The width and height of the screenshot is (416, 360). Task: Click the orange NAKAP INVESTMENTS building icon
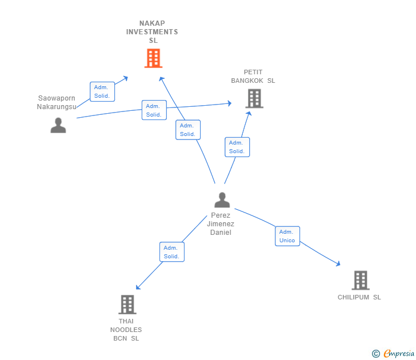point(153,58)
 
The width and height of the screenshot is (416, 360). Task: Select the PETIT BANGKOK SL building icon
point(254,98)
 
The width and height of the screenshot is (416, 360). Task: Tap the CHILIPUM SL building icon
point(360,280)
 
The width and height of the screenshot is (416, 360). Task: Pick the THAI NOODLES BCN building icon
point(127,304)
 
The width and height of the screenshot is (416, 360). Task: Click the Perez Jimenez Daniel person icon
point(222,200)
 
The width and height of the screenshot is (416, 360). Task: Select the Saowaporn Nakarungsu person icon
point(58,125)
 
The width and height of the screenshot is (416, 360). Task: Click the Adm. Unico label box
point(287,236)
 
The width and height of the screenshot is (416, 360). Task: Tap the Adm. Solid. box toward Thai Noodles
point(171,252)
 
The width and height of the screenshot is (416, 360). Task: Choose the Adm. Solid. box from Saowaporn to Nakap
point(102,91)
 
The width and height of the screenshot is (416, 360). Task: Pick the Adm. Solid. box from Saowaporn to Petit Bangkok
point(154,110)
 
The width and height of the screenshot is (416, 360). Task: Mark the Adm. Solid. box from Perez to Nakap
point(188,130)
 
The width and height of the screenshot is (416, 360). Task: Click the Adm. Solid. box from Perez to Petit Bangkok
point(237,147)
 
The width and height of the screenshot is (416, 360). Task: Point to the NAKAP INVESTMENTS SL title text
point(153,32)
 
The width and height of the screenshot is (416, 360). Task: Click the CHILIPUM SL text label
point(359,297)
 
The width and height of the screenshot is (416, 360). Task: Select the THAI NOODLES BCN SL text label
point(126,330)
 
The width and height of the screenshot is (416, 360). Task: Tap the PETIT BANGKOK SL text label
point(253,77)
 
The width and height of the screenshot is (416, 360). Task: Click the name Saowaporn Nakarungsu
point(57,102)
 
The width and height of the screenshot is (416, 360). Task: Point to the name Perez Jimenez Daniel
point(221,224)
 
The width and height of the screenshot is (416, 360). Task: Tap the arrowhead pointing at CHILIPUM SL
point(338,264)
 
